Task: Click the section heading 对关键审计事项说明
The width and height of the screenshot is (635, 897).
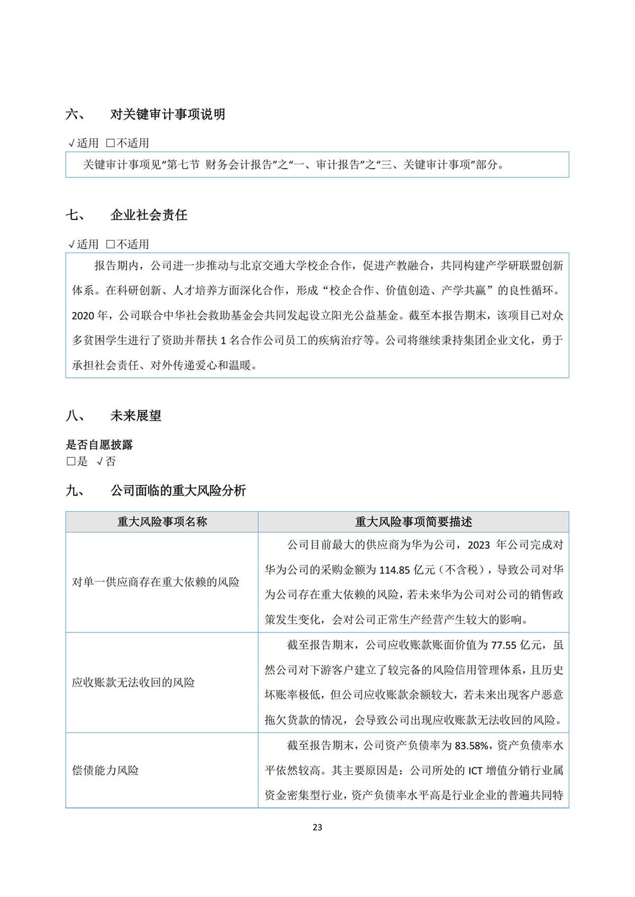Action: (168, 114)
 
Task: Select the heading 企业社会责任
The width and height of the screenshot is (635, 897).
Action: (149, 215)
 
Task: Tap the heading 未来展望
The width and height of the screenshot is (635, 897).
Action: (135, 416)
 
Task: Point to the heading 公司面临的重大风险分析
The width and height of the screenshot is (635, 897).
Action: (178, 491)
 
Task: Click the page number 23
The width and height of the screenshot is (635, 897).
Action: (317, 827)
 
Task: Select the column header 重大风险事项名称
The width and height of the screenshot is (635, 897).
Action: (162, 522)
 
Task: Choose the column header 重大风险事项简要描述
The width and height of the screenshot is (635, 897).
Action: (413, 522)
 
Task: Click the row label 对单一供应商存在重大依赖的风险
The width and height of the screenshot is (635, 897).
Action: (156, 582)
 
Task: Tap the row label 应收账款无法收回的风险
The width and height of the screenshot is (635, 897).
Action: (133, 683)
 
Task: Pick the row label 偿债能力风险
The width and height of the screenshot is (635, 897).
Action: (105, 771)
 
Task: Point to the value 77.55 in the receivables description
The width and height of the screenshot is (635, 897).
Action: (503, 645)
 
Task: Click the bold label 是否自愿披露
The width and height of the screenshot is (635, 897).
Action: (99, 445)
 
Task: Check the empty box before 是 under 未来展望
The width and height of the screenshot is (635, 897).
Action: (71, 461)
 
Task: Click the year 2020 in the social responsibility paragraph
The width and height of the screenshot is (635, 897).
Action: (83, 316)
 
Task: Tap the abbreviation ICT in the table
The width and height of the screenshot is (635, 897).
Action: (475, 771)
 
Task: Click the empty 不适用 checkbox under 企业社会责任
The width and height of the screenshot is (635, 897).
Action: (111, 244)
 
